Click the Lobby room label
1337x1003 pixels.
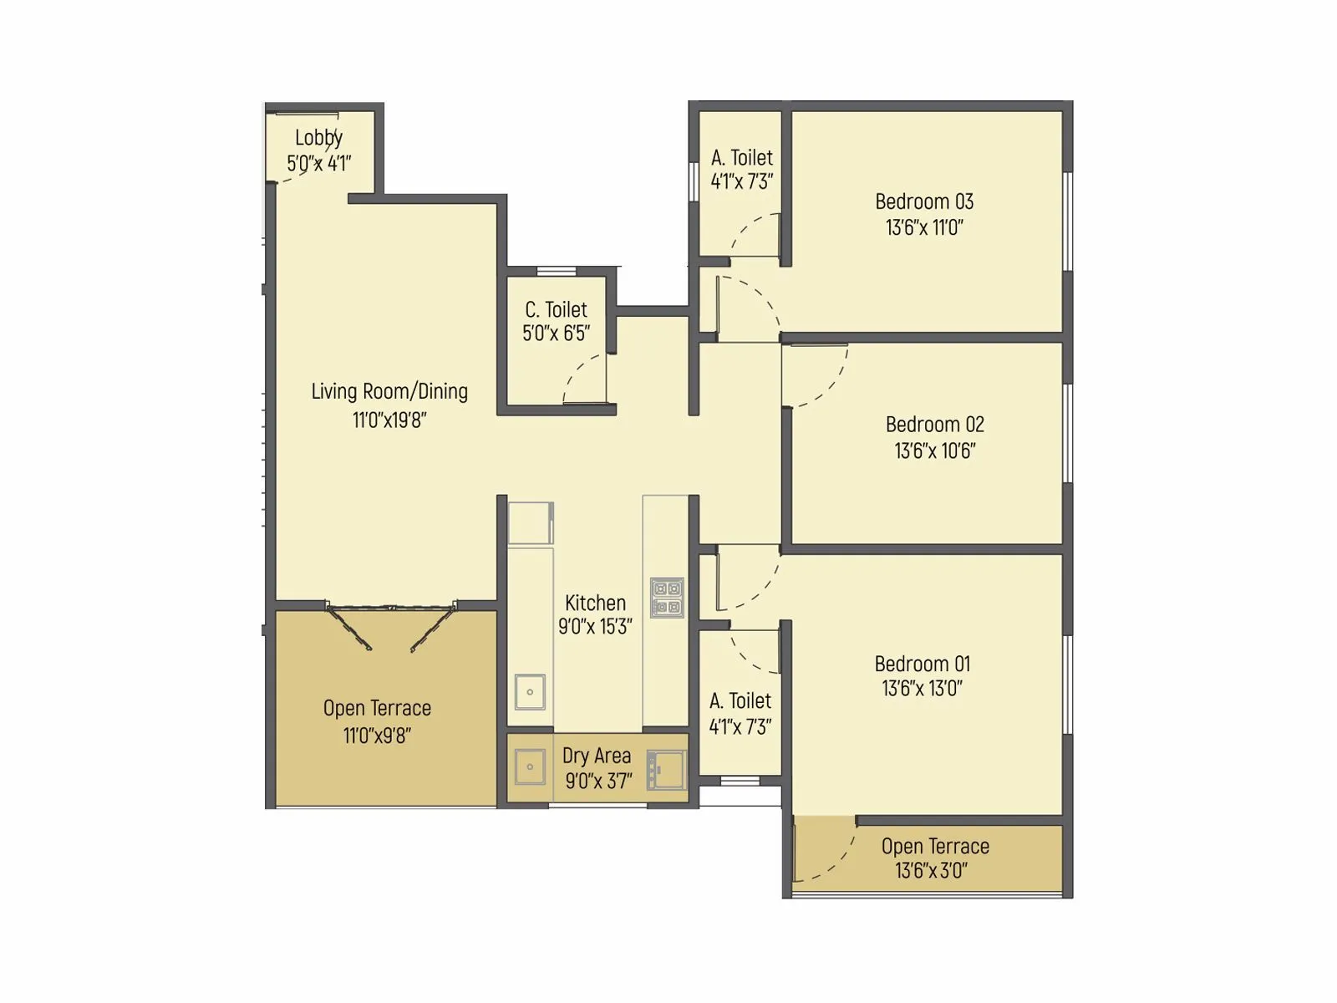(318, 138)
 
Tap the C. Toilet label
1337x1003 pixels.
(557, 310)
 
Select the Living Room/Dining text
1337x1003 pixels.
(389, 391)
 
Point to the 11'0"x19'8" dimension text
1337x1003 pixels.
(389, 420)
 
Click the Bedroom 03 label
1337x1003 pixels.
(924, 201)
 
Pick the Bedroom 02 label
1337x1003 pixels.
(935, 425)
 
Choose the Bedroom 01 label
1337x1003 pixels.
(923, 664)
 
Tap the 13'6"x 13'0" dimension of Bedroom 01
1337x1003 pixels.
(923, 689)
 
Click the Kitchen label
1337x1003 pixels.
(595, 603)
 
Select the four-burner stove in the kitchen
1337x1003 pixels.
(667, 598)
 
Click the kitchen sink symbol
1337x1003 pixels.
(530, 692)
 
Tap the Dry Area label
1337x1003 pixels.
(597, 756)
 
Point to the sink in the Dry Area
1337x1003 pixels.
(530, 766)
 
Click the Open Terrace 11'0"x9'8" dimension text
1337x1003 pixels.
(377, 736)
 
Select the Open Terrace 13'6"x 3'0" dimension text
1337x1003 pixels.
(932, 871)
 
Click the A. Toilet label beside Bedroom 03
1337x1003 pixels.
(742, 158)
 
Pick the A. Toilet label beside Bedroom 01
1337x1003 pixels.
(740, 701)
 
